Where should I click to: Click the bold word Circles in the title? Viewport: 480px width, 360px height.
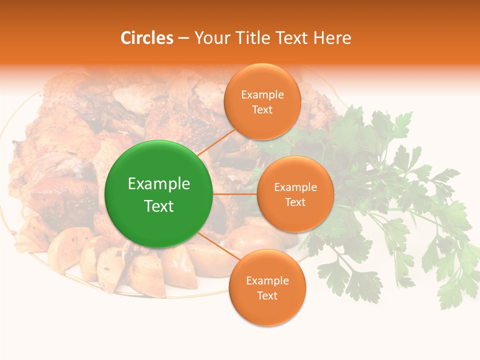coord(147,38)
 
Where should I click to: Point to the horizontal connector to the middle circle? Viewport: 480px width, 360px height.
coord(234,193)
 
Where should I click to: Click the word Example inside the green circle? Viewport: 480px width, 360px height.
coord(159,183)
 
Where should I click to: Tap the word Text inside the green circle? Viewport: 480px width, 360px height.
coord(159,206)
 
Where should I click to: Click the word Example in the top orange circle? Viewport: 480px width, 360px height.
coord(262,95)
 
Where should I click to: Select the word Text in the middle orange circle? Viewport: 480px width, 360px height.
coord(295,202)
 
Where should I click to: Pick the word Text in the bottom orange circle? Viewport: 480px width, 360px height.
coord(267,295)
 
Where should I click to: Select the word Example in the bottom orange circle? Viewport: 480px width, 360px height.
coord(267,280)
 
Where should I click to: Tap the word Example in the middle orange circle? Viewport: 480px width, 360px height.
coord(295,187)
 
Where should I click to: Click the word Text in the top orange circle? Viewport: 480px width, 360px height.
coord(262,109)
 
